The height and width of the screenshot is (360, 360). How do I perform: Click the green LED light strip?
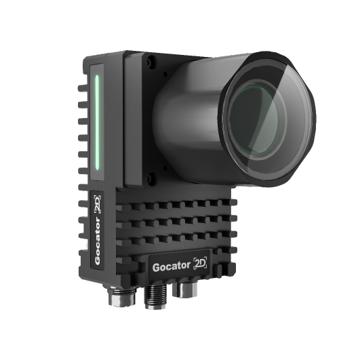point(98,122)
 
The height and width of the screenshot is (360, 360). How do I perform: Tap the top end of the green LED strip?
point(98,77)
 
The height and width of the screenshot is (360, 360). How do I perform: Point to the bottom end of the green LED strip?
point(98,169)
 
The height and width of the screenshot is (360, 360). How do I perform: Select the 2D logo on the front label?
point(202,263)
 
